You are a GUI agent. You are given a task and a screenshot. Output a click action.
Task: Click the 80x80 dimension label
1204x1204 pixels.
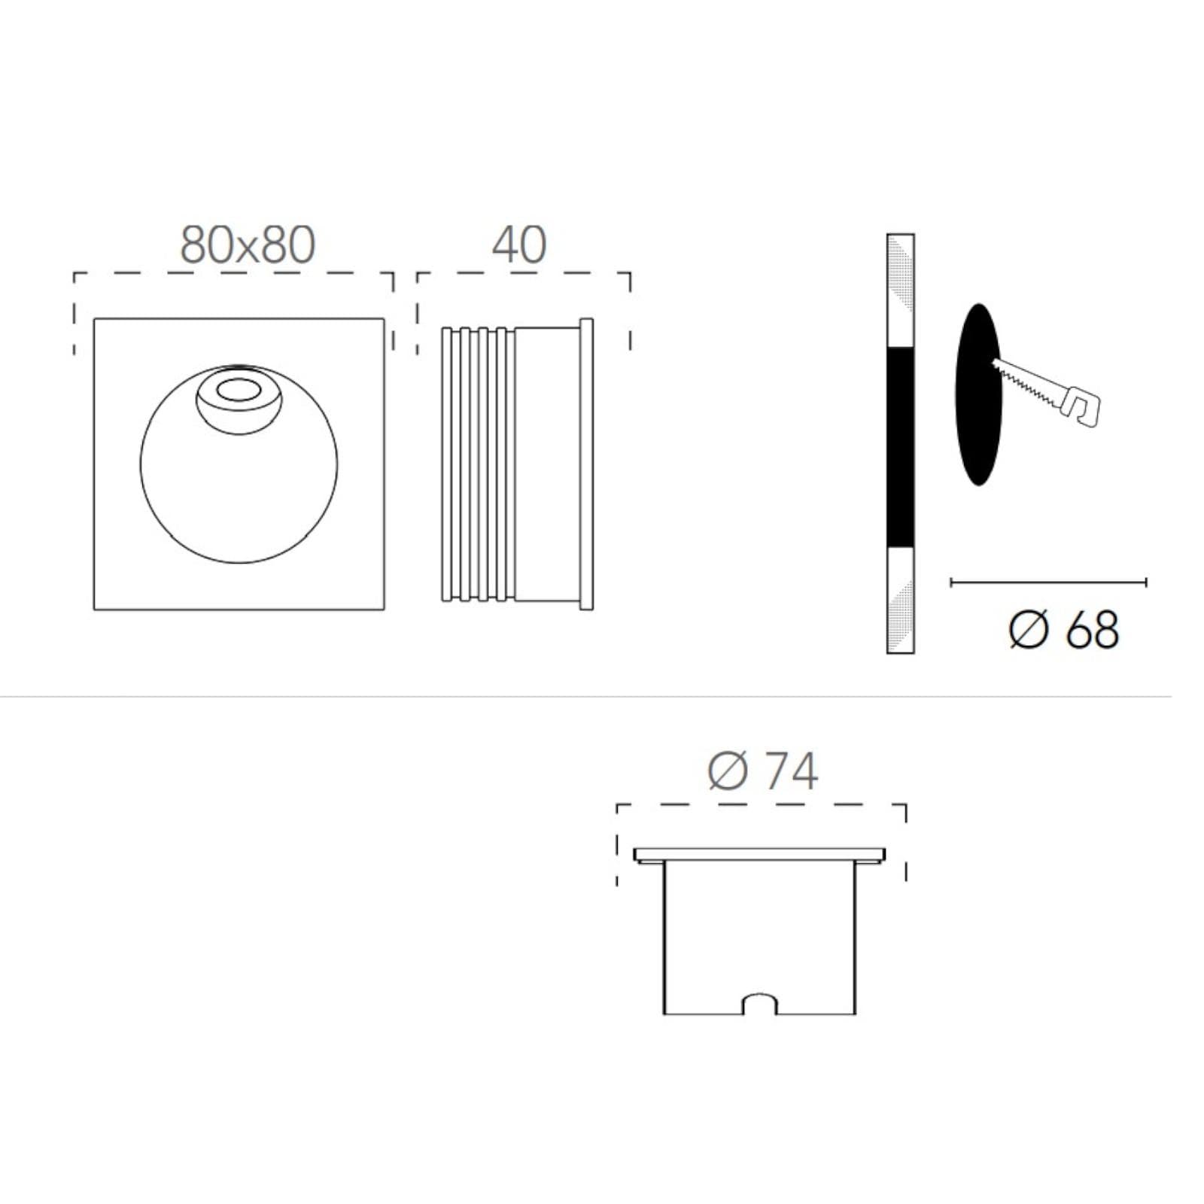coord(248,245)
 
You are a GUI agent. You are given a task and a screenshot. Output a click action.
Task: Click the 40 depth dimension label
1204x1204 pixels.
coord(519,245)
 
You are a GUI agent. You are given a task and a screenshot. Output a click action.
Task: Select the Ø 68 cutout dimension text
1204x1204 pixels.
coord(1063,629)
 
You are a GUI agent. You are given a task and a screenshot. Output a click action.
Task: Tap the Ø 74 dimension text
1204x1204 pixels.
coord(762,771)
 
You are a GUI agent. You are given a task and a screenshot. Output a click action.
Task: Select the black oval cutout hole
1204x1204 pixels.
coord(978,394)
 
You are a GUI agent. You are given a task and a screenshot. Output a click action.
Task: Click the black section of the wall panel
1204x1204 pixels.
coord(901,447)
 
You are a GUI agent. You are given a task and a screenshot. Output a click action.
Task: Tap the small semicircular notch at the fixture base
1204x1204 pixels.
coord(759,1003)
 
